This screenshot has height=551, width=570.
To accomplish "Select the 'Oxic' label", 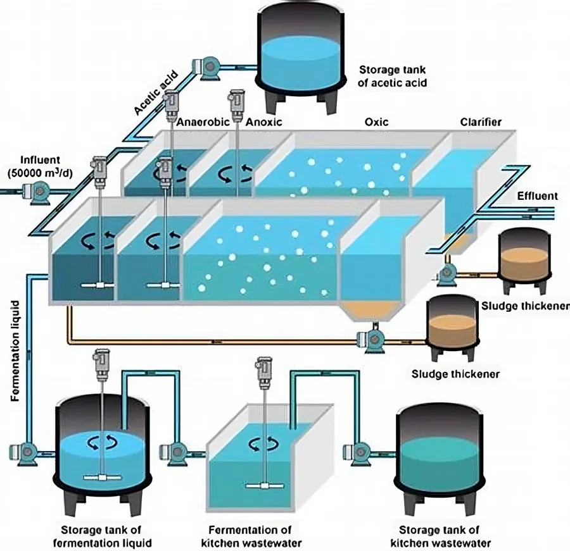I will coord(377,121).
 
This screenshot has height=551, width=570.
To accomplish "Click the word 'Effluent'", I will coord(537,196).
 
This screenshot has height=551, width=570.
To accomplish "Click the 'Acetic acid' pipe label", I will coord(156,95).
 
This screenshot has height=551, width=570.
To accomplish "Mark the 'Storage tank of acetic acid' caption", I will coord(393,76).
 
